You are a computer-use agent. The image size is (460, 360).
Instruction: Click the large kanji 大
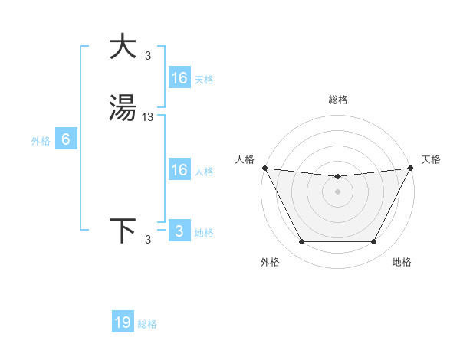tap(123, 47)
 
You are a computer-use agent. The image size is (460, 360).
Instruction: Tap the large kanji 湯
tap(123, 107)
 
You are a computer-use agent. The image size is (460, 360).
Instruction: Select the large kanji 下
tap(123, 230)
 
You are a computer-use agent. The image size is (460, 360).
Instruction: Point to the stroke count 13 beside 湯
tap(148, 117)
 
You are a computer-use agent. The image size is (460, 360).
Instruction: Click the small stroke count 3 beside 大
tap(148, 56)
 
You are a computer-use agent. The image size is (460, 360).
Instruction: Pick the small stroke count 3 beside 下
tap(148, 240)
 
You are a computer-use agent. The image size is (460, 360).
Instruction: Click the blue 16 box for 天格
tap(179, 78)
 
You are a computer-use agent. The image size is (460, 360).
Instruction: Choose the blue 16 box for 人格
tap(179, 170)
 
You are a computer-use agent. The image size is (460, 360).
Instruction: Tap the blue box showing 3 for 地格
tap(179, 231)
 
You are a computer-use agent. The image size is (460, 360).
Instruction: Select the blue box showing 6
tap(66, 139)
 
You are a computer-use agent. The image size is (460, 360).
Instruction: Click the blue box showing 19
tap(123, 322)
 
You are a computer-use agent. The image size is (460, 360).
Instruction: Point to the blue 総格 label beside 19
tap(147, 324)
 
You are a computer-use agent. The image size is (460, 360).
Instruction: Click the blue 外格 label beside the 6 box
tap(40, 141)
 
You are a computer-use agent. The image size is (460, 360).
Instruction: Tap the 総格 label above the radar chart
tap(338, 100)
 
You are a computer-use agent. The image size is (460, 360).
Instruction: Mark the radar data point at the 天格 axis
tap(412, 168)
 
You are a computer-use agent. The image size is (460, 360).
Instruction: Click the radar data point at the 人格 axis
tap(264, 168)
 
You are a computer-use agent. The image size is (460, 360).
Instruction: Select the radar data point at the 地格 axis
tap(374, 242)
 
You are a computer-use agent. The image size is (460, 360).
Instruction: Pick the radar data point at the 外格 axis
tap(301, 242)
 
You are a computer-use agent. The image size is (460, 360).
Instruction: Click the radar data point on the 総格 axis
tap(338, 178)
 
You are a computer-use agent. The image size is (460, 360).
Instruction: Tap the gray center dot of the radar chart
tap(338, 191)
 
